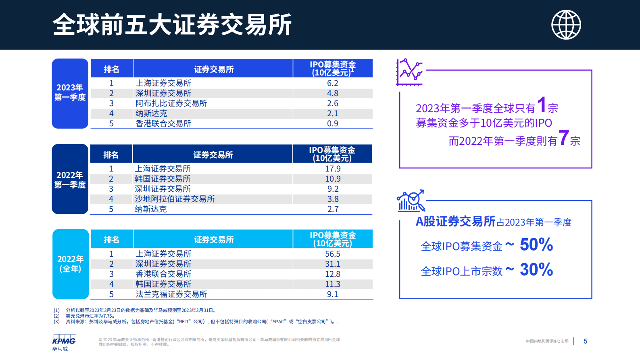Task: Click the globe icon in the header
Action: (566, 25)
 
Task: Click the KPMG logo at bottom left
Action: (64, 339)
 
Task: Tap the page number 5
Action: (585, 341)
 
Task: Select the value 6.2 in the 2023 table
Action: (332, 83)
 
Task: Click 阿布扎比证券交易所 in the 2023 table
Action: (171, 103)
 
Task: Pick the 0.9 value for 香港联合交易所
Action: (332, 123)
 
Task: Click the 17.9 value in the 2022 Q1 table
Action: (333, 169)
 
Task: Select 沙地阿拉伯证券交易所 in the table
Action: (174, 199)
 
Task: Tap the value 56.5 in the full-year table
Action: (332, 254)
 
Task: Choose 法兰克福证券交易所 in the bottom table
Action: (171, 294)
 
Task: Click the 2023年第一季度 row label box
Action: (70, 93)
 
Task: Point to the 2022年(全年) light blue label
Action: (71, 264)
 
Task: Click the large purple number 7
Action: (563, 138)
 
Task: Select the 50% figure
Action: (536, 245)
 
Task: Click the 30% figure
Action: (536, 270)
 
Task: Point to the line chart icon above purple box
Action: (409, 72)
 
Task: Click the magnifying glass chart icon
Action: (411, 201)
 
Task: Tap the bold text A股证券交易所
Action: (455, 222)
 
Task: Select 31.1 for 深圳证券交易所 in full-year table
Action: (332, 264)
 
